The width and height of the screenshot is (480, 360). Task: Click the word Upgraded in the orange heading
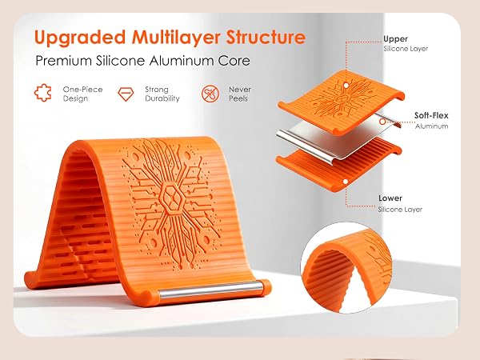point(80,38)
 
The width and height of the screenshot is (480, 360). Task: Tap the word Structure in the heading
point(266,37)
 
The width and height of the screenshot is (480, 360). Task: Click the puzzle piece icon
point(43,93)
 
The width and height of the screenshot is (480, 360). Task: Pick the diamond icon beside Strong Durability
point(126,94)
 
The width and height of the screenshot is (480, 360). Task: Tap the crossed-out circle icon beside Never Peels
point(210,94)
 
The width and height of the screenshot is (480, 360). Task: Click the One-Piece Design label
point(82,94)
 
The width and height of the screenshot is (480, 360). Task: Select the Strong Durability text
point(162,94)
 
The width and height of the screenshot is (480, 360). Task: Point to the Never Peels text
point(240,94)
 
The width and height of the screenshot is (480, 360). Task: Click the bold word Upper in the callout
point(395,39)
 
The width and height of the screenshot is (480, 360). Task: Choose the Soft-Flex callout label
point(431,115)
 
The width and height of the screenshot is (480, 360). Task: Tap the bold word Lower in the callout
point(390,198)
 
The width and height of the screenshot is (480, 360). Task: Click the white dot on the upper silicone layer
point(346,86)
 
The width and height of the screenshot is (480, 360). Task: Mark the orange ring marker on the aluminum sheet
point(382,122)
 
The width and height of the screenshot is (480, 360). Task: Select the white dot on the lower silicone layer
point(346,182)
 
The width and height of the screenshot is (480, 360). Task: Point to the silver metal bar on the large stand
point(210,289)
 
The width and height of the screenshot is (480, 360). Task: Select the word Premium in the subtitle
point(64,61)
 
